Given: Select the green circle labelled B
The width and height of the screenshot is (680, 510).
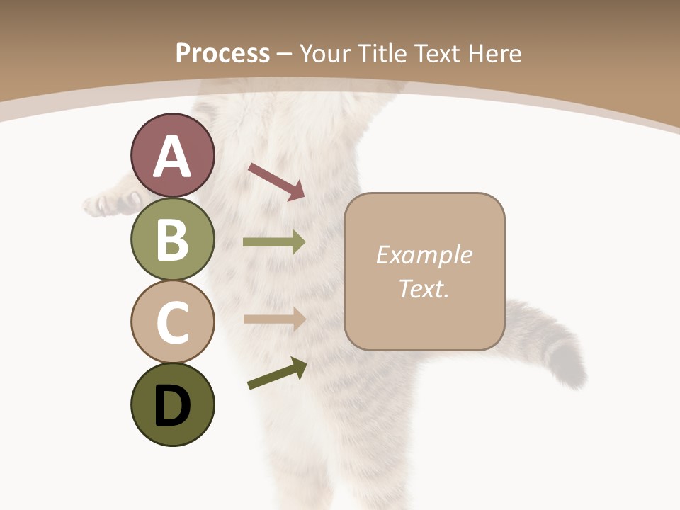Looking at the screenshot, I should tap(172, 239).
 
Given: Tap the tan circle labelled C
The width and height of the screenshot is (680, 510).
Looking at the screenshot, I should tap(172, 322).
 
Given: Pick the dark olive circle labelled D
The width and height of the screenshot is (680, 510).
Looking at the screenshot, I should tap(172, 404).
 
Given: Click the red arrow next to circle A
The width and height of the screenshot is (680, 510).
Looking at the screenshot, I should tap(276, 181).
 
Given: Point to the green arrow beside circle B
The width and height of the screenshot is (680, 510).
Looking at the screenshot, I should tap(274, 242).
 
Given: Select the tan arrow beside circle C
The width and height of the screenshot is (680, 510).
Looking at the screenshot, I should tap(274, 319).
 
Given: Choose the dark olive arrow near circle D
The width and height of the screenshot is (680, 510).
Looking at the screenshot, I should tap(277, 373).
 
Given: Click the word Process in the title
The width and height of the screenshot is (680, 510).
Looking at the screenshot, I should tap(222, 53).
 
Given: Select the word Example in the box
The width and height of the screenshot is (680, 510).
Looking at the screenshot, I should tap(424, 255).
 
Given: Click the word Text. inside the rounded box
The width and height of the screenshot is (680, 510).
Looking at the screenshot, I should tap(424, 288).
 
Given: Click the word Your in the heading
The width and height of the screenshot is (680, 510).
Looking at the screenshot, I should tap(326, 53).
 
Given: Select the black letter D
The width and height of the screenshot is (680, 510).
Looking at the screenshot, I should tap(172, 406).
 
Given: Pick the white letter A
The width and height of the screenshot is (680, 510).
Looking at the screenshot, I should tap(172, 157).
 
